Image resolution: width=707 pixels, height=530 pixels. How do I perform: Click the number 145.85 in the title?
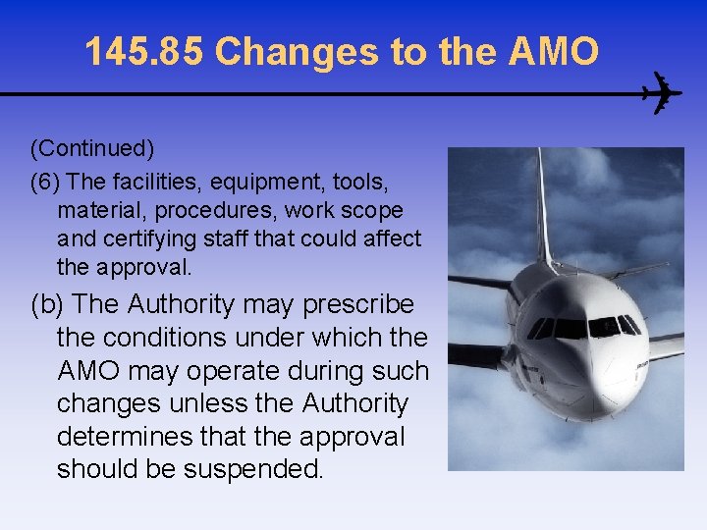click(x=144, y=52)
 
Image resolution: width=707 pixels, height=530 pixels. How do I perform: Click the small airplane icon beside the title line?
click(x=661, y=94)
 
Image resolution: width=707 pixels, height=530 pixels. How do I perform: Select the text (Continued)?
click(x=92, y=148)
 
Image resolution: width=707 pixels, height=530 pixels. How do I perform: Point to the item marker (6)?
click(x=46, y=182)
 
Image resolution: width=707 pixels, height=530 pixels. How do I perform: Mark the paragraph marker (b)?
click(x=49, y=304)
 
